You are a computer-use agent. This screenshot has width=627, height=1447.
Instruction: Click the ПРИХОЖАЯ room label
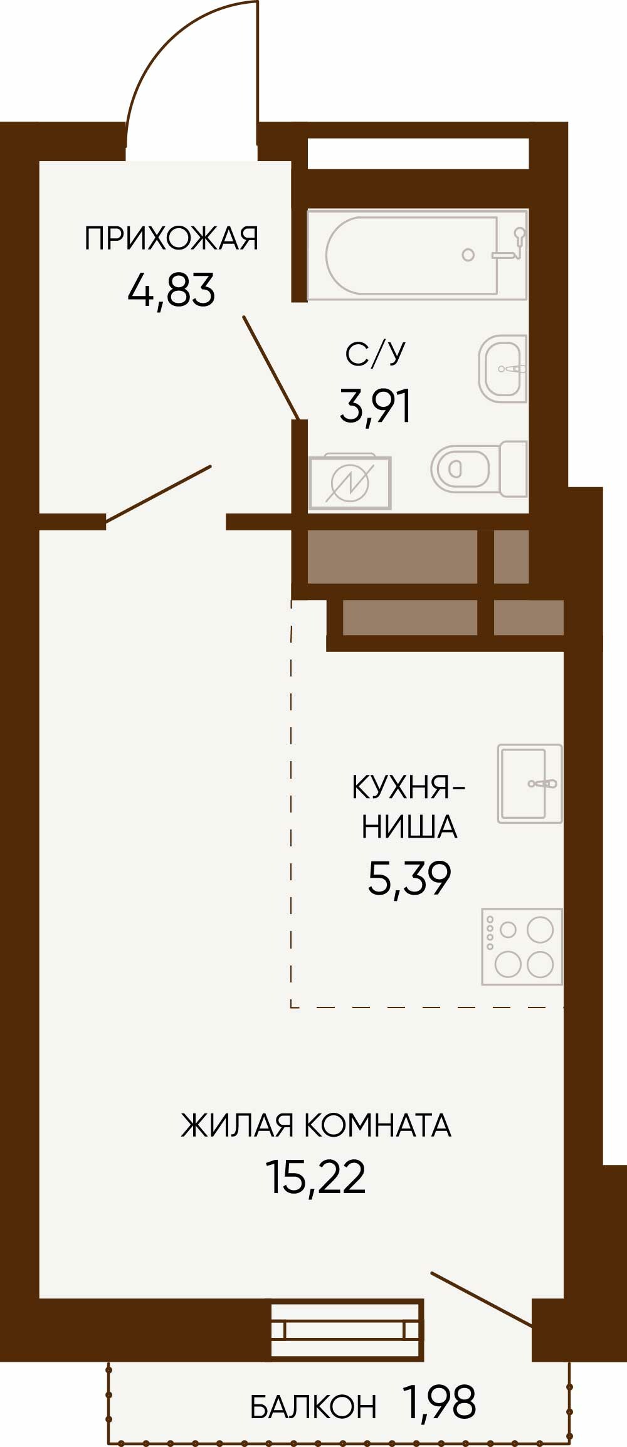pos(171,238)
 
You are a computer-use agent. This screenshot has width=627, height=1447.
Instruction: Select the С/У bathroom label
pos(375,354)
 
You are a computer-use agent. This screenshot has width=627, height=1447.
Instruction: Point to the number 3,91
pos(375,406)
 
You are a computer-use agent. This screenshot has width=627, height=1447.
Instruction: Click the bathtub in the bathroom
pos(417,255)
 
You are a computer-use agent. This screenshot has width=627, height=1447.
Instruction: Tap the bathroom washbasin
pos(503,369)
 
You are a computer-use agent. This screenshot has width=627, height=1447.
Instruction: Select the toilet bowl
pos(479,468)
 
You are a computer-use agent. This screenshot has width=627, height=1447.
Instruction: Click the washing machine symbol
pos(349,481)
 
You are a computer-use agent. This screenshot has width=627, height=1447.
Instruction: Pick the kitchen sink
pos(530,784)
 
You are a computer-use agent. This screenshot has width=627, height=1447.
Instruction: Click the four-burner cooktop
pos(522,947)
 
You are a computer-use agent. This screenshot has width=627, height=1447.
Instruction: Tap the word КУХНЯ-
pos(409,787)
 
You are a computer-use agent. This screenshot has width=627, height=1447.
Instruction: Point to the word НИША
pos(409,826)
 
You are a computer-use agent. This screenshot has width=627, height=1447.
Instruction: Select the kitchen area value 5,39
pos(409,878)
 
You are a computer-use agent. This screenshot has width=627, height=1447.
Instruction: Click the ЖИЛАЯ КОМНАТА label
pos(316,1125)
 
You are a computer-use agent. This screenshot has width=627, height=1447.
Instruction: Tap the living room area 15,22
pos(316,1177)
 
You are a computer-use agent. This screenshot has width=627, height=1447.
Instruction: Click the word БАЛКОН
pos(313,1408)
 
